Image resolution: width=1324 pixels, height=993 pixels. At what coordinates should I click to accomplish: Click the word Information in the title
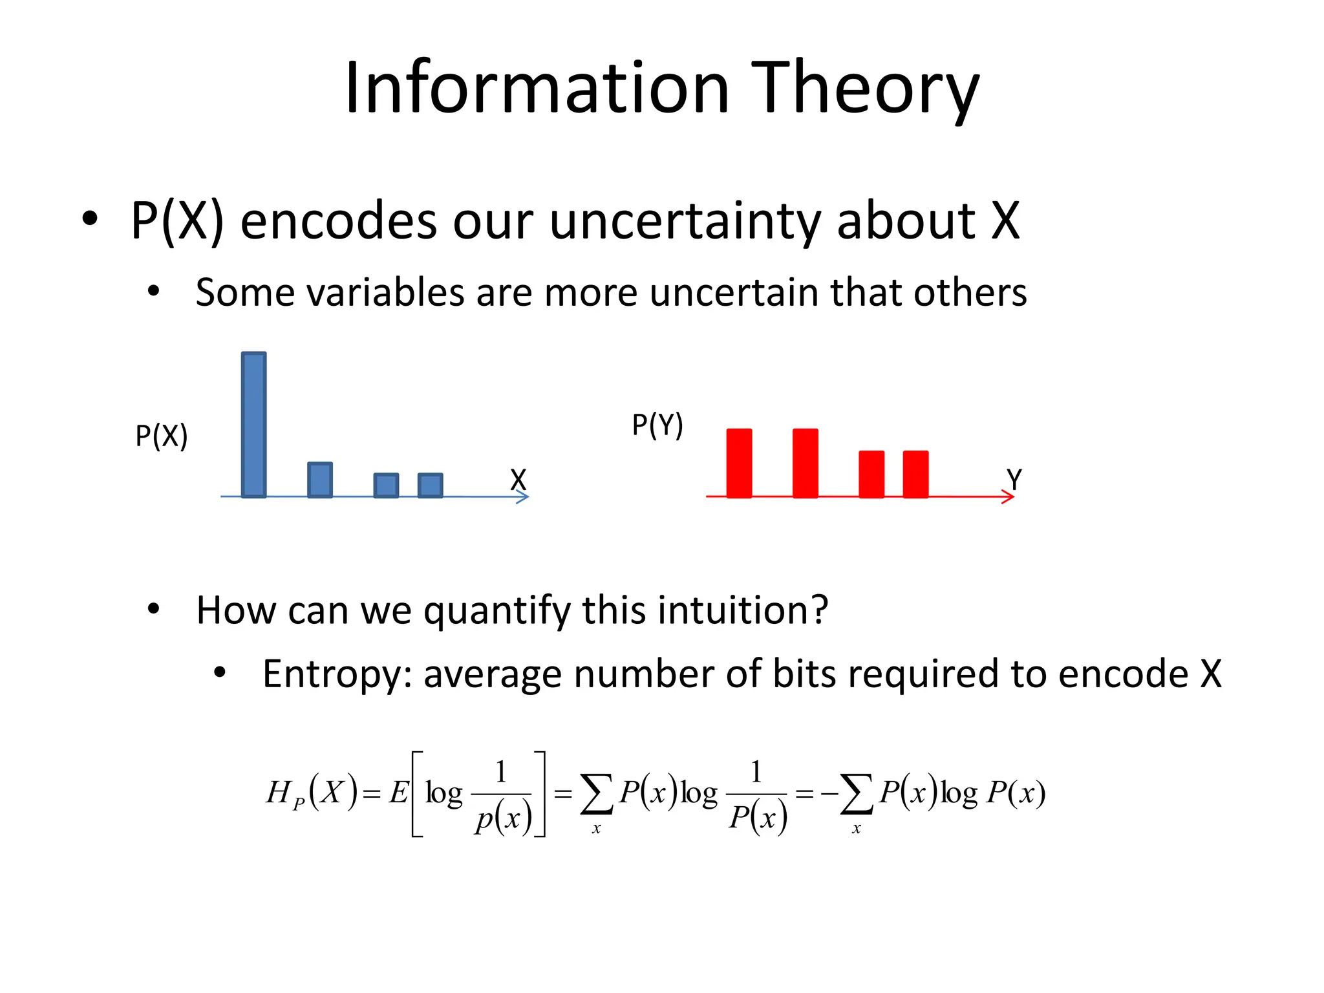(537, 89)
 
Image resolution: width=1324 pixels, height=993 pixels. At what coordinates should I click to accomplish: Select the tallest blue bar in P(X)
(253, 425)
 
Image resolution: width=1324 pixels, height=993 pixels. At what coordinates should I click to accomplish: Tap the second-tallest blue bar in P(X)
(320, 480)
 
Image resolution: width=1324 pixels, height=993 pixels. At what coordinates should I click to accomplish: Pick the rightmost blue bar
(430, 486)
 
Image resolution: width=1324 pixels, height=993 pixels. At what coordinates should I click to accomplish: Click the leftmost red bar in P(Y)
(739, 463)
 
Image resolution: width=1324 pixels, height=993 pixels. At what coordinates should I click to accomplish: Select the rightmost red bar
(915, 474)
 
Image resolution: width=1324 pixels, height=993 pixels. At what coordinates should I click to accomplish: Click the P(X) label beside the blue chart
(162, 436)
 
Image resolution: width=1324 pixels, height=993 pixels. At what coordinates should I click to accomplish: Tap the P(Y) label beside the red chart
(657, 425)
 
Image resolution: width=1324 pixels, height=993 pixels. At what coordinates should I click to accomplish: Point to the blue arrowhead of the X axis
(524, 496)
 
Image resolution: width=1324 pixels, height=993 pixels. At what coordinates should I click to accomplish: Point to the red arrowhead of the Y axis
(1009, 496)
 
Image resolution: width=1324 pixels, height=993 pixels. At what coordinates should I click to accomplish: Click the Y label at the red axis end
(1014, 480)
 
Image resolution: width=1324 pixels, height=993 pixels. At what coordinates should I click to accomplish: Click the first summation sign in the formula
(596, 794)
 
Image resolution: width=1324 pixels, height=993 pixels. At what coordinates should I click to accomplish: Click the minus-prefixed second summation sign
(857, 794)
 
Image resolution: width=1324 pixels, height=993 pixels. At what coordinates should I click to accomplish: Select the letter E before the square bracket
(398, 792)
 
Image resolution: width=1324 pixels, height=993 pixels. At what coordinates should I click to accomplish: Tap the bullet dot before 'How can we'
(153, 608)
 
